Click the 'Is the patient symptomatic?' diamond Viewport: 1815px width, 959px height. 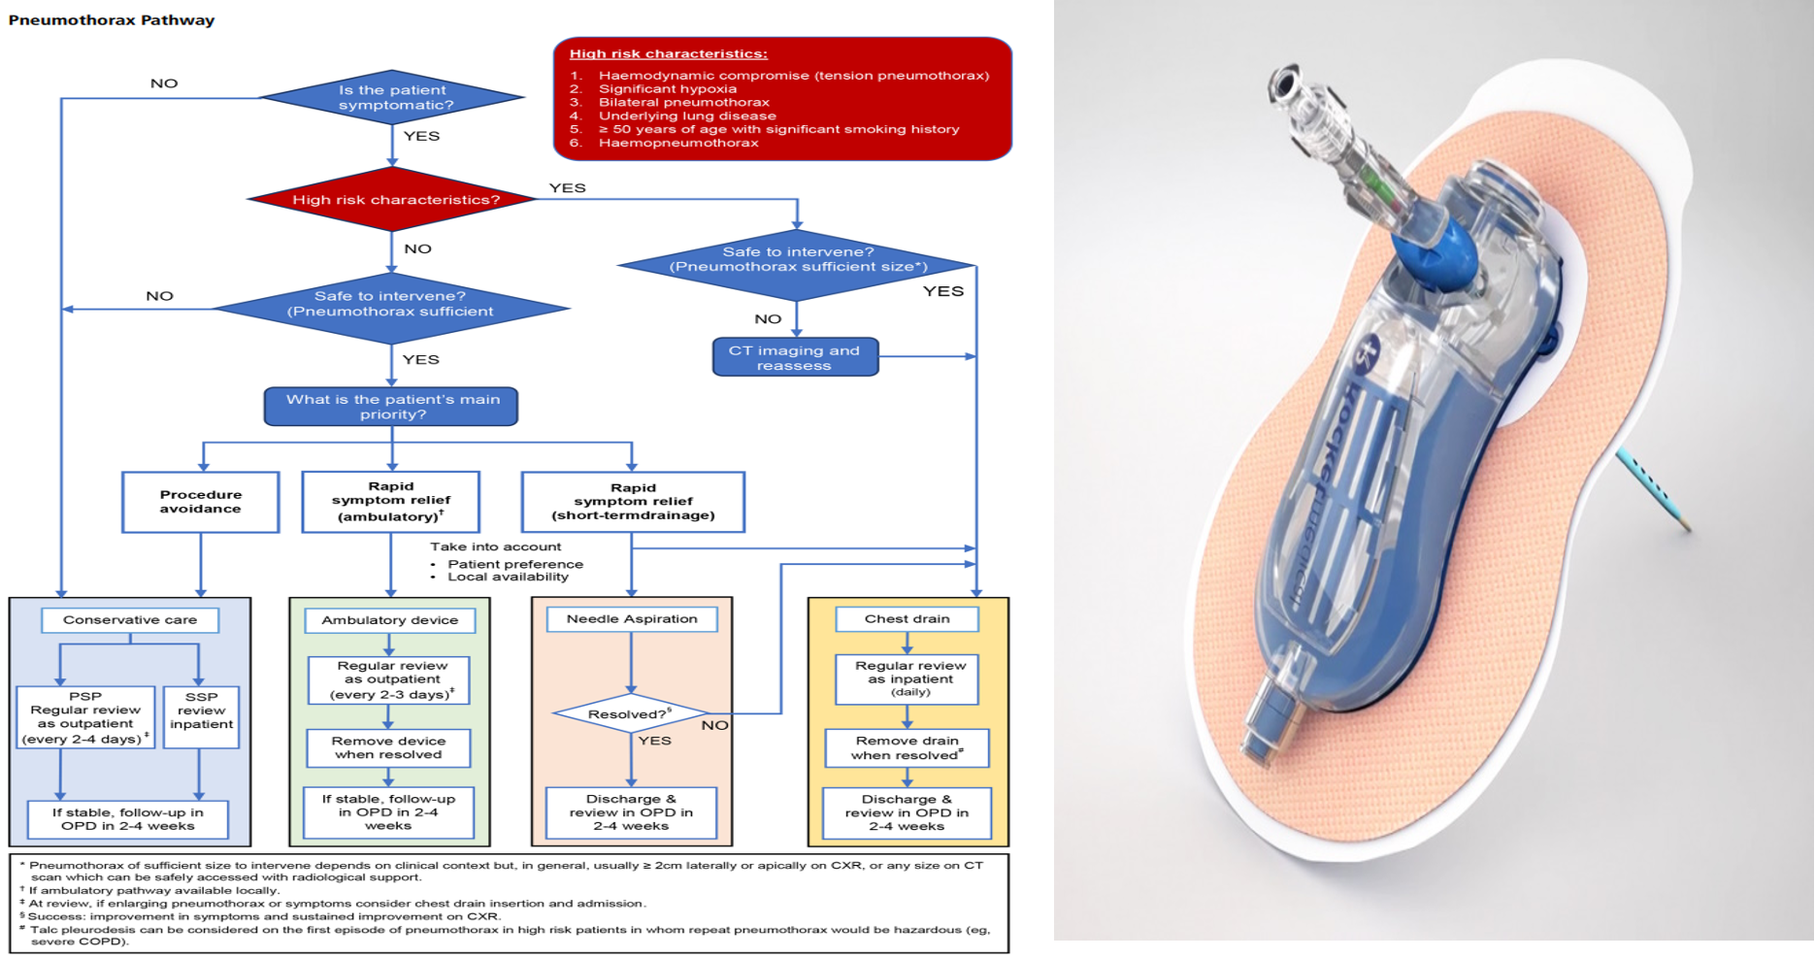click(x=392, y=98)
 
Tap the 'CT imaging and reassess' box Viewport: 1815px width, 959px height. click(x=794, y=357)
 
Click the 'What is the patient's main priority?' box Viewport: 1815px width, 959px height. click(x=392, y=407)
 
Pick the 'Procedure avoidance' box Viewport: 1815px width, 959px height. click(x=201, y=502)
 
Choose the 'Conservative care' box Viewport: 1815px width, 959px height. click(x=130, y=620)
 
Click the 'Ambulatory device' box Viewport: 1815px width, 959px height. click(x=389, y=620)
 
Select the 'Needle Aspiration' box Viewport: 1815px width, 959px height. click(x=632, y=619)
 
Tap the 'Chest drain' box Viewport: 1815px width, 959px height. click(x=907, y=619)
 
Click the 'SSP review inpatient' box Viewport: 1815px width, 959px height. click(x=201, y=716)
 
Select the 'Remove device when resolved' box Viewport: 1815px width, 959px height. click(x=388, y=747)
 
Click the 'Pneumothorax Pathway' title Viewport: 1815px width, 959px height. click(x=112, y=20)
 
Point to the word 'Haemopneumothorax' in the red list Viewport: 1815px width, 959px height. click(x=678, y=143)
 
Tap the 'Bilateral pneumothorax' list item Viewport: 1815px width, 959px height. click(x=683, y=102)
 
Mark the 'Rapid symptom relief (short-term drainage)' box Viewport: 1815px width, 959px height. click(x=633, y=502)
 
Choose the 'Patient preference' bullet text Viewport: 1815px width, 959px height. click(x=515, y=564)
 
